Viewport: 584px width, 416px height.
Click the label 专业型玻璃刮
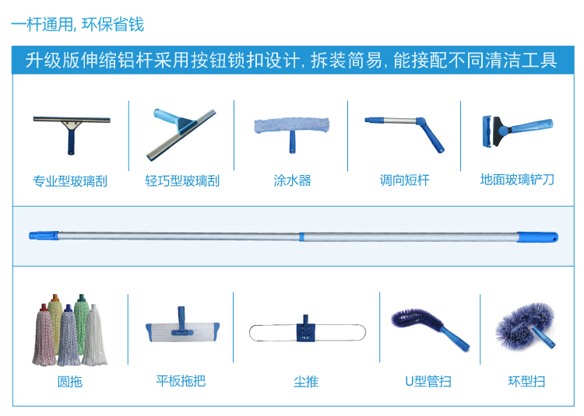70,181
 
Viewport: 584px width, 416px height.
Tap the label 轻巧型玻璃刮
182,181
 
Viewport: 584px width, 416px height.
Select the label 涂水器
292,180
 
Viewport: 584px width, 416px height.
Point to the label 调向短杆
404,180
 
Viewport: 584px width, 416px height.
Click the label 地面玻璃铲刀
517,180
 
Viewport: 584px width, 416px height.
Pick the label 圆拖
69,382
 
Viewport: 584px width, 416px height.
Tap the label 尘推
305,382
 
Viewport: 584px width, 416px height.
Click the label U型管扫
427,382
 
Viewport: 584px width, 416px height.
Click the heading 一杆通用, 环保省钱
78,25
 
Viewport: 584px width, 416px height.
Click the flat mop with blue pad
181,328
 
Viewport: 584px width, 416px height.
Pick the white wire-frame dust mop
305,332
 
